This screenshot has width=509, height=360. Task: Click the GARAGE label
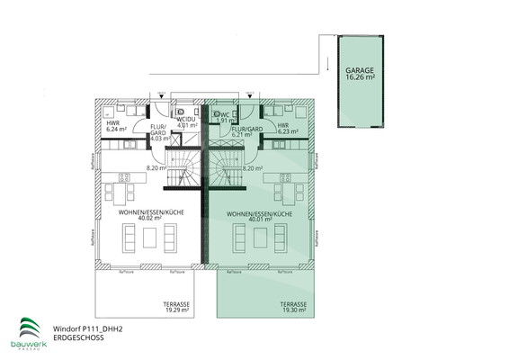tap(360, 68)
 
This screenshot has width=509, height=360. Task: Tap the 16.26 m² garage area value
tap(360, 77)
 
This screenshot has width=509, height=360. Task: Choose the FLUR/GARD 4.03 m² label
tap(159, 133)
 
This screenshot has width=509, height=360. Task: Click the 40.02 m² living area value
tap(148, 218)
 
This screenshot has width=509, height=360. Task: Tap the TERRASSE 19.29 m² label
tap(176, 307)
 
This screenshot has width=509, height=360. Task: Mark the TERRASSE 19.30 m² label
tap(293, 307)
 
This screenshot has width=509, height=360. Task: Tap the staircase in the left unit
tap(185, 169)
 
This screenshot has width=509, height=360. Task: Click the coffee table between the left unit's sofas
tap(148, 237)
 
